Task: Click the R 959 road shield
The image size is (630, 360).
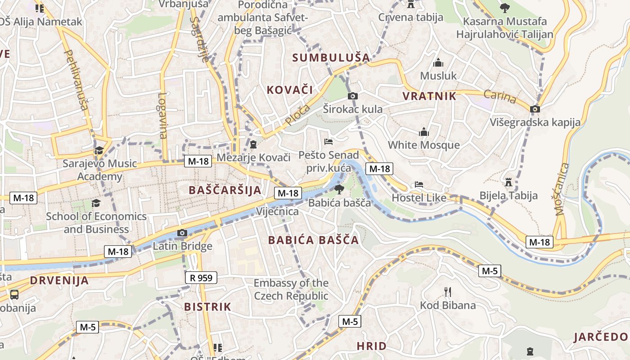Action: tap(201, 278)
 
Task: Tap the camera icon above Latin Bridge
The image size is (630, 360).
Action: tap(182, 233)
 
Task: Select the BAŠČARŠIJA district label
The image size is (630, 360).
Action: tap(225, 190)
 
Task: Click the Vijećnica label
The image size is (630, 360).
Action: tap(277, 211)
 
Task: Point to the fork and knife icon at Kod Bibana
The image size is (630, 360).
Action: tap(448, 292)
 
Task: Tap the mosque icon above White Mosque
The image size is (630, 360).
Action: tap(424, 132)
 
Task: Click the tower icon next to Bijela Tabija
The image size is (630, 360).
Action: tap(508, 182)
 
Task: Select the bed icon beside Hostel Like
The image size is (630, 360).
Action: tap(419, 184)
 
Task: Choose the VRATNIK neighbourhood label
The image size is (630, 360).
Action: tap(429, 96)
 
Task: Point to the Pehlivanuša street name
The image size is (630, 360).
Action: tap(76, 80)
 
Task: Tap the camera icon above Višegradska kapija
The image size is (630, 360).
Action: tap(535, 109)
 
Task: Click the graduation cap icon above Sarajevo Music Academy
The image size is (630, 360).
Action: tap(99, 150)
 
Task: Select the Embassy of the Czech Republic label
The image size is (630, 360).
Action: tap(291, 289)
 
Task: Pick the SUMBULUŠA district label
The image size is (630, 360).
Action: tap(331, 58)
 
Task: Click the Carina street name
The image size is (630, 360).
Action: tap(500, 96)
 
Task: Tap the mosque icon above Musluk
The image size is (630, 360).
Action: tap(438, 63)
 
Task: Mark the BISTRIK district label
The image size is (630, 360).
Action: tap(207, 307)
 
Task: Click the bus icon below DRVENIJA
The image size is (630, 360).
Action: tap(14, 295)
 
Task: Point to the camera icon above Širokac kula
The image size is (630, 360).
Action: tap(353, 96)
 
